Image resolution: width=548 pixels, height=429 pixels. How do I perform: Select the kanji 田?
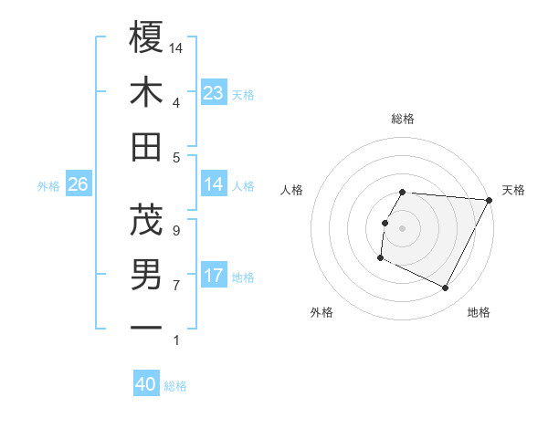point(146,147)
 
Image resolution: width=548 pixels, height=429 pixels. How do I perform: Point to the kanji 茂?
point(146,219)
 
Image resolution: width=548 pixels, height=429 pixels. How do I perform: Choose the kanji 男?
point(146,275)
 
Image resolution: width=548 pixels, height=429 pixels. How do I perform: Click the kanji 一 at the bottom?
point(146,327)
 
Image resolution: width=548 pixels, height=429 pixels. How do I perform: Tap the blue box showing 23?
point(213,93)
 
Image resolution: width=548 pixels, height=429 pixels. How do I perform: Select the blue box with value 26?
point(78,184)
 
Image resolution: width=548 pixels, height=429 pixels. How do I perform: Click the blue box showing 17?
point(213,276)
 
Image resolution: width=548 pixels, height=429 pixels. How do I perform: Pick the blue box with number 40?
point(146,384)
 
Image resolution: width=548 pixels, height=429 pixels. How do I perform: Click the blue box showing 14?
point(213,184)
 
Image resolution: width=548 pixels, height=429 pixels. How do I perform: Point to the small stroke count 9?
point(175,230)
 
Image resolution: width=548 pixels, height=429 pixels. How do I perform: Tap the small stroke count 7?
point(175,286)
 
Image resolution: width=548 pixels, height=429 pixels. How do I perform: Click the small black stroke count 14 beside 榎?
point(176,47)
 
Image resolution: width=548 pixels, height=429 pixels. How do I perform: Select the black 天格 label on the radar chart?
point(513,190)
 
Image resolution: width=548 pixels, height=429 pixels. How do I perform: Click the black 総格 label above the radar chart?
point(403,119)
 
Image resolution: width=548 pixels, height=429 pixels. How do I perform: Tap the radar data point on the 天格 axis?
point(490,200)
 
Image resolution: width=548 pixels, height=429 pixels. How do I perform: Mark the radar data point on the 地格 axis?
point(446,288)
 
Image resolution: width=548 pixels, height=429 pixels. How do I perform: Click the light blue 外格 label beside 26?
point(48,185)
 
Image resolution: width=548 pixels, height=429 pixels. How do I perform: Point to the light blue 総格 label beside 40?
point(175,386)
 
